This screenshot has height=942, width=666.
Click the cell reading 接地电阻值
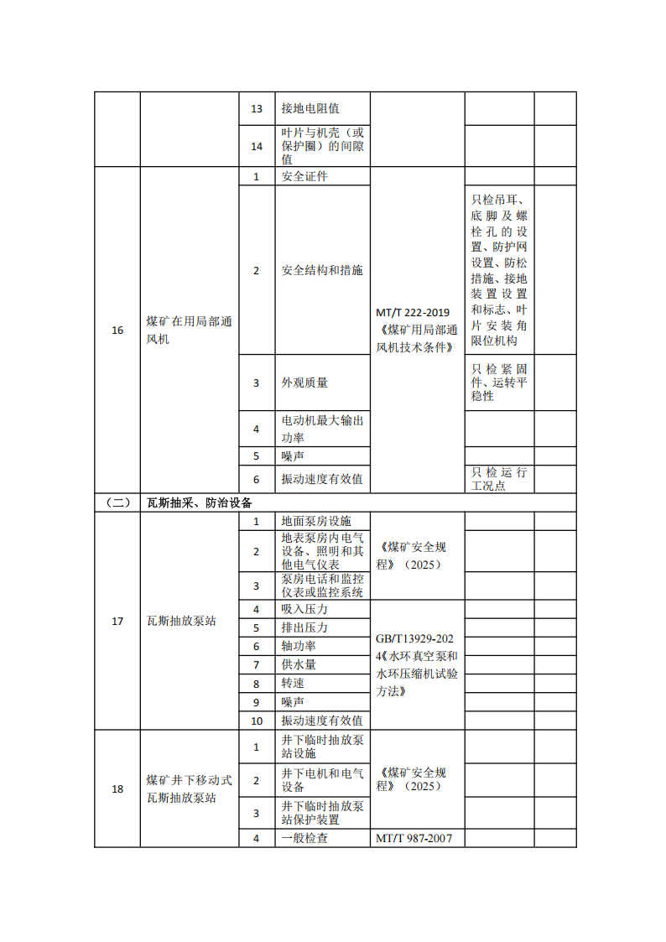pyautogui.click(x=310, y=109)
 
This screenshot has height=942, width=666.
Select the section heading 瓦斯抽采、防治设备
pyautogui.click(x=200, y=502)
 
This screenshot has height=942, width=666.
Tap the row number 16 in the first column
pyautogui.click(x=117, y=330)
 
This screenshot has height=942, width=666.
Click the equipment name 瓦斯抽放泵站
pyautogui.click(x=181, y=621)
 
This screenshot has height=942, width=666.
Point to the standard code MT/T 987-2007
pyautogui.click(x=417, y=838)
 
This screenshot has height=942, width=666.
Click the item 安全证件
pyautogui.click(x=304, y=176)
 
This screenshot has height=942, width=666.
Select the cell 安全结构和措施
pyautogui.click(x=322, y=270)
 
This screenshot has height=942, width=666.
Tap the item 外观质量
pyautogui.click(x=304, y=383)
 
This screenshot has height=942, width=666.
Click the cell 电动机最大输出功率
pyautogui.click(x=322, y=429)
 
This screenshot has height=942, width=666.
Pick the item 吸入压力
pyautogui.click(x=304, y=609)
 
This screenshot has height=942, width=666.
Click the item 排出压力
pyautogui.click(x=304, y=627)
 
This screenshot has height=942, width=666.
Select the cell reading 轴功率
pyautogui.click(x=299, y=646)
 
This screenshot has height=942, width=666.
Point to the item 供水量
pyautogui.click(x=299, y=664)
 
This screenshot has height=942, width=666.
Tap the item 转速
pyautogui.click(x=293, y=683)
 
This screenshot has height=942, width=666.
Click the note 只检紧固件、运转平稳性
pyautogui.click(x=499, y=383)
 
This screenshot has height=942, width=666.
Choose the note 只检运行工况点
pyautogui.click(x=499, y=478)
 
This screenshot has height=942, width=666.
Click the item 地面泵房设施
pyautogui.click(x=316, y=521)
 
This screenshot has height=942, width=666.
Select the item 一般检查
pyautogui.click(x=304, y=838)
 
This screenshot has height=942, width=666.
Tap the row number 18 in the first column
pyautogui.click(x=117, y=788)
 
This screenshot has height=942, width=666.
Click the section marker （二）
pyautogui.click(x=117, y=502)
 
